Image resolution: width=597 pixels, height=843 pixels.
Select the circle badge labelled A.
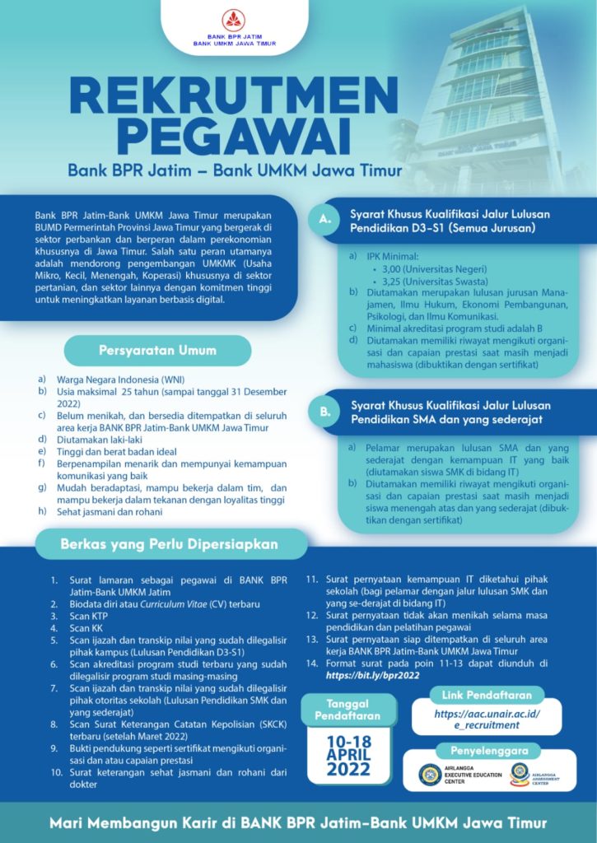[x=324, y=220]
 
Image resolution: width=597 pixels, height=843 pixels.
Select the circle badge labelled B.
[x=324, y=412]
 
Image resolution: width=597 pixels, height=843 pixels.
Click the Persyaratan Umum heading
[x=157, y=351]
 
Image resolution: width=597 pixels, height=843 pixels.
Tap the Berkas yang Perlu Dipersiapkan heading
[x=169, y=544]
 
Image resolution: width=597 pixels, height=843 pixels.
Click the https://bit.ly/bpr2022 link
[x=373, y=675]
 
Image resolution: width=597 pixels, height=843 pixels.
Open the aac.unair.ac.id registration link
[x=487, y=720]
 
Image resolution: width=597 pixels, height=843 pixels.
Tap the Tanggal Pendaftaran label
[x=348, y=710]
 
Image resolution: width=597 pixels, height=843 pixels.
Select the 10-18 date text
[x=348, y=740]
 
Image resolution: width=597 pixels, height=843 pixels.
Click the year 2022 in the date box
[x=348, y=770]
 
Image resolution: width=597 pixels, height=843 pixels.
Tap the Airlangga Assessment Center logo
[x=520, y=774]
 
